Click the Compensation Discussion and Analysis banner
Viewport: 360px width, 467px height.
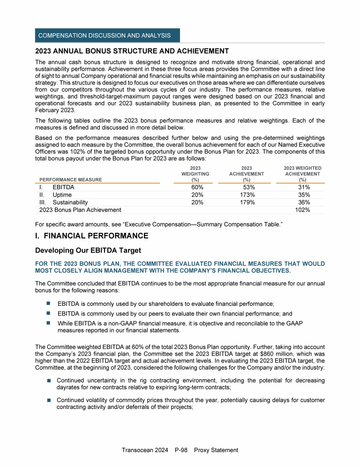(x=107, y=36)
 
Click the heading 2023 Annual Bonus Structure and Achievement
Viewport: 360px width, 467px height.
(x=132, y=51)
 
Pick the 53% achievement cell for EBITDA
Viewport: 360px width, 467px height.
(x=246, y=187)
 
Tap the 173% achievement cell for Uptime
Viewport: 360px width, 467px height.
(x=246, y=195)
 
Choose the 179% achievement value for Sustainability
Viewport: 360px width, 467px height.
(x=246, y=202)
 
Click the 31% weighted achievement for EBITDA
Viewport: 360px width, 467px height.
(x=302, y=187)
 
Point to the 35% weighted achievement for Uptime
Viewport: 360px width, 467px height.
(x=302, y=195)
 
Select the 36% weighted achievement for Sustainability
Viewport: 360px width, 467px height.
(x=302, y=202)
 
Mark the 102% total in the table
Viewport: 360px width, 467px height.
(x=302, y=210)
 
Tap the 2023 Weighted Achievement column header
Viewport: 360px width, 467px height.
(x=302, y=174)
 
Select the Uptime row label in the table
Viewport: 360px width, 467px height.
(x=62, y=195)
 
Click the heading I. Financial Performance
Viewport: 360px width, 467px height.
(x=92, y=236)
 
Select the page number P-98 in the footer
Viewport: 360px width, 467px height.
(x=180, y=450)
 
